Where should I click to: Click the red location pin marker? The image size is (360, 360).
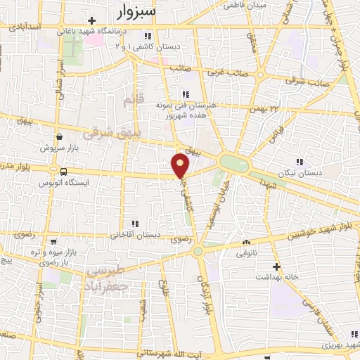point(181,165)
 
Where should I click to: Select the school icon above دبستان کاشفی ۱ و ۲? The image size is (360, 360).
point(148,37)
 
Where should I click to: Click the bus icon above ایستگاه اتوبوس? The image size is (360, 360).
point(64,172)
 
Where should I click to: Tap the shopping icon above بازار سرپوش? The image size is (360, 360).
point(60,139)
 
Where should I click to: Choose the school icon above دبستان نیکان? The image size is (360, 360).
point(300,162)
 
